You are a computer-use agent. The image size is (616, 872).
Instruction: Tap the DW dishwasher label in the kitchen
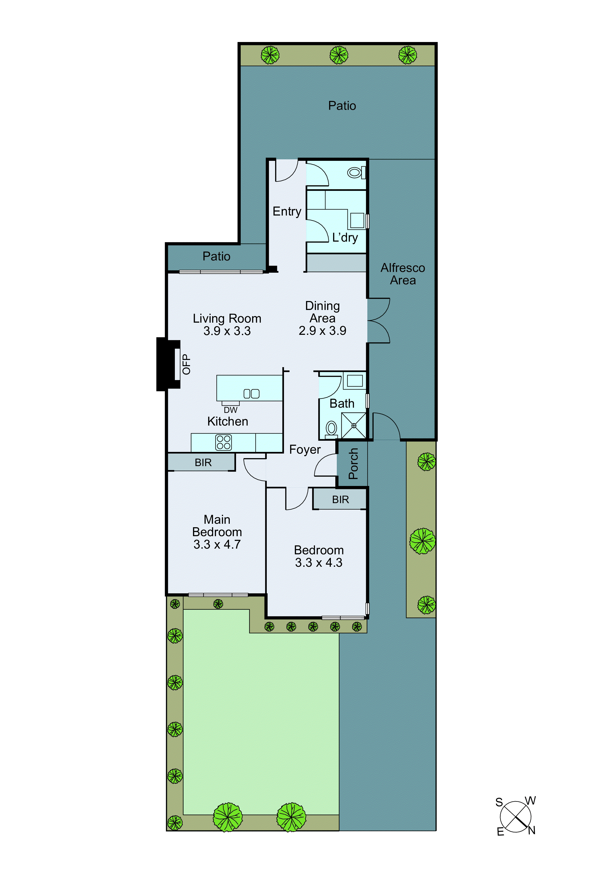[x=231, y=410]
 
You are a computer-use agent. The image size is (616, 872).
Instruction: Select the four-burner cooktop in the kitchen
[x=224, y=442]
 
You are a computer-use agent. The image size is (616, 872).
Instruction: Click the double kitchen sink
[x=251, y=394]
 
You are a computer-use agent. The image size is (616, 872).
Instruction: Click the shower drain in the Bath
[x=354, y=425]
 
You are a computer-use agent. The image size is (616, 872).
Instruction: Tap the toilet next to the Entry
[x=355, y=173]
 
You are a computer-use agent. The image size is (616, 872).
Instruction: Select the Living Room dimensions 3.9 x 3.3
[x=227, y=331]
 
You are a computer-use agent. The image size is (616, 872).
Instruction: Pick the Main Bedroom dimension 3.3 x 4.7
[x=217, y=544]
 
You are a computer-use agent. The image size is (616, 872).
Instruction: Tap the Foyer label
[x=305, y=450]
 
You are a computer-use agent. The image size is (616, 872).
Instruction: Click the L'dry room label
[x=345, y=238]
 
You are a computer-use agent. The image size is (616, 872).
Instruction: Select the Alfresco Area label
[x=403, y=274]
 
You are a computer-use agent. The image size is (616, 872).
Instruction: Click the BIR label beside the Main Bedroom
[x=203, y=463]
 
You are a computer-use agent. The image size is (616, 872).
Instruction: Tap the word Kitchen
[x=228, y=422]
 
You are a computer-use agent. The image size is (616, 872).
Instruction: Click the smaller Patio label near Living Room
[x=216, y=256]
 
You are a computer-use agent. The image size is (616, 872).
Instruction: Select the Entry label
[x=287, y=212]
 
